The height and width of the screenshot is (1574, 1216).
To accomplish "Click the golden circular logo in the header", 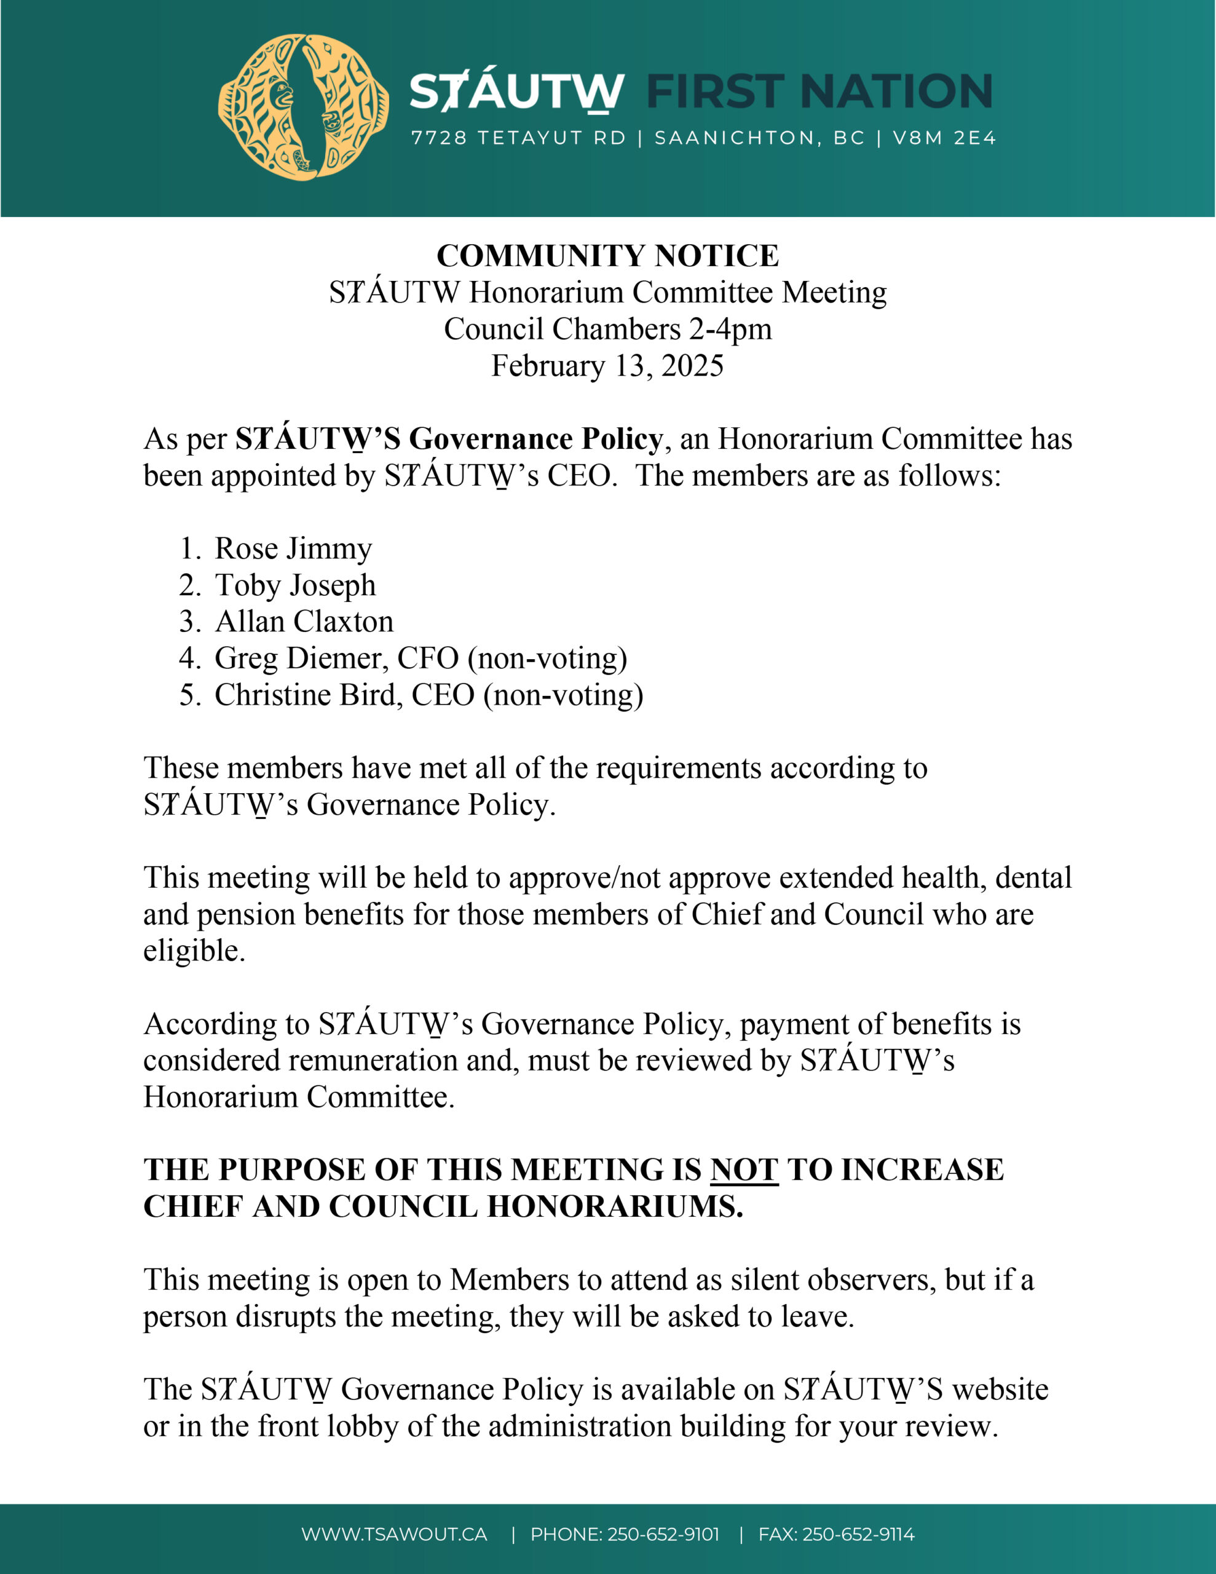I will pyautogui.click(x=304, y=106).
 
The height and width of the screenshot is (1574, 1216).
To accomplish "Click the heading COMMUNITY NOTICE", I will pyautogui.click(x=607, y=256).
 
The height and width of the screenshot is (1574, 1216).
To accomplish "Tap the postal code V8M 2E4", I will pyautogui.click(x=944, y=138).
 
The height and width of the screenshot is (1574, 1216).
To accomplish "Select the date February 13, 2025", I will pyautogui.click(x=607, y=365).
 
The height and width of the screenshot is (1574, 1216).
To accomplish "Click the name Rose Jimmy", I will pyautogui.click(x=293, y=548).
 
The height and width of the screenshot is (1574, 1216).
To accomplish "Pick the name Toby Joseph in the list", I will pyautogui.click(x=296, y=585).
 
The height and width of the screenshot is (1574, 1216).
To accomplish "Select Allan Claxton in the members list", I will pyautogui.click(x=304, y=621).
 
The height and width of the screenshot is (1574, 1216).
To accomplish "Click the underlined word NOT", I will pyautogui.click(x=744, y=1169).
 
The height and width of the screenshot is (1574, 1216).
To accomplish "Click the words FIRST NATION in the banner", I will pyautogui.click(x=819, y=92).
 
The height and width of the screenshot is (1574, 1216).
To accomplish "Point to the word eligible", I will pyautogui.click(x=194, y=951).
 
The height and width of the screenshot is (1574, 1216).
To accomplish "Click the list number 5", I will pyautogui.click(x=188, y=695).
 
